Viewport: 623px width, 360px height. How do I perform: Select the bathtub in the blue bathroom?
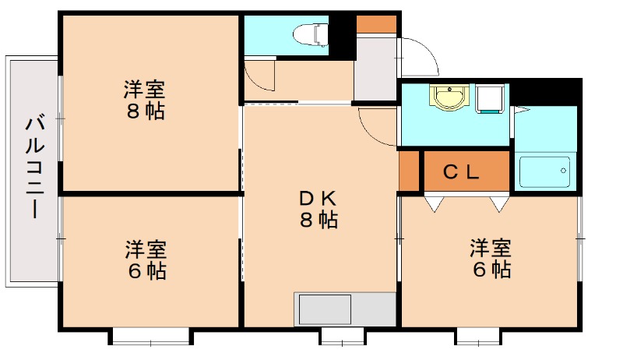coord(544,171)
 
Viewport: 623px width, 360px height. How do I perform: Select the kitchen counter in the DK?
coord(346,309)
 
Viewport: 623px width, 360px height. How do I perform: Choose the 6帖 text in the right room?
coord(490,270)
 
